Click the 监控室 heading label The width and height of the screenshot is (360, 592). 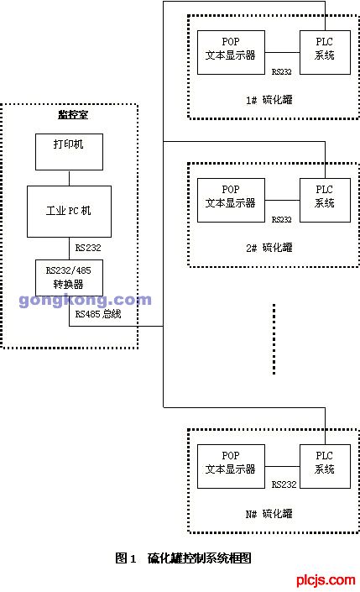73,114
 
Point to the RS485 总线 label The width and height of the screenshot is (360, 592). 98,314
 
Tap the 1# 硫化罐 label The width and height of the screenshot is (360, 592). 269,100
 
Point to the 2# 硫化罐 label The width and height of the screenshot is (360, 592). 269,248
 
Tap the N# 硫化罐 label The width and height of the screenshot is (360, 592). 269,514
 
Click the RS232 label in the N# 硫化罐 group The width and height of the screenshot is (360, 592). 284,485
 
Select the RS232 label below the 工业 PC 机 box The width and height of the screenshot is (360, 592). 88,248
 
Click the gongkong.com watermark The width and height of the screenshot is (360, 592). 85,300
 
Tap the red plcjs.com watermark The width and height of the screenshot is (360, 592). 326,579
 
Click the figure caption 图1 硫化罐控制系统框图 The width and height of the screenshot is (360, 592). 183,558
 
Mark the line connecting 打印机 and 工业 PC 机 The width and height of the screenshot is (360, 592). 69,178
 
